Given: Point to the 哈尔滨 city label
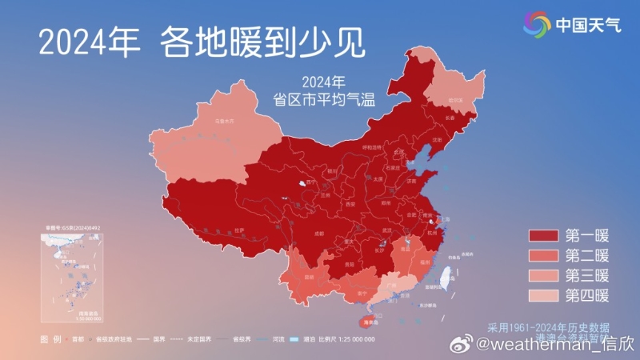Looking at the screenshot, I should (455, 100).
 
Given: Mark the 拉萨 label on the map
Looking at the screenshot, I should (238, 230).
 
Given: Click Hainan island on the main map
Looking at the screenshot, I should (370, 321).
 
